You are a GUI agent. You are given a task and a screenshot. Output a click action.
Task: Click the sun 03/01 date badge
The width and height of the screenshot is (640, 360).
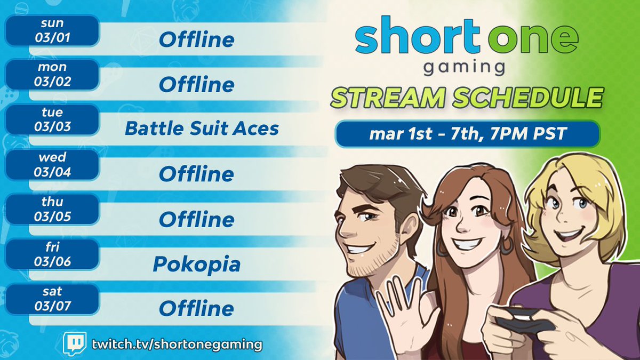click(52, 30)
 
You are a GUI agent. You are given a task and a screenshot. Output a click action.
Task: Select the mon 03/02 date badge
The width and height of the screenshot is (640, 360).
click(52, 75)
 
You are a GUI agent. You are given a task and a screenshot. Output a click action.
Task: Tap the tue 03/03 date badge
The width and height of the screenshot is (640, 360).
click(52, 119)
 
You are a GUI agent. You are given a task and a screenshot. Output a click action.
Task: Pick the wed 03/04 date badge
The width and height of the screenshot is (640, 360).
click(52, 165)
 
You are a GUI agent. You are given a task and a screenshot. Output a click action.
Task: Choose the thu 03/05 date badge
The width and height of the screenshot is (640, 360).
click(52, 210)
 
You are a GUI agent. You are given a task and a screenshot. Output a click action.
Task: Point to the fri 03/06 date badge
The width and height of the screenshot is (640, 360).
click(52, 254)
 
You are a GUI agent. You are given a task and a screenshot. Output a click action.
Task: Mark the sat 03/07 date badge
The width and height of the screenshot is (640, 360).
click(52, 299)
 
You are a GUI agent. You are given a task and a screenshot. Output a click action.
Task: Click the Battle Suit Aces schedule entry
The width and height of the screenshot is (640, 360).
click(202, 129)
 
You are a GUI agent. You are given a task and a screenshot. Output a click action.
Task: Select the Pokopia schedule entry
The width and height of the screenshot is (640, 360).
click(196, 263)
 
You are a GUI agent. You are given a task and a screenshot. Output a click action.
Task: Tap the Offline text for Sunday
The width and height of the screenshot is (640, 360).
click(196, 39)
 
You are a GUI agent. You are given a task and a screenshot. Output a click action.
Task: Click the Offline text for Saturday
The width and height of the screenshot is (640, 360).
click(196, 308)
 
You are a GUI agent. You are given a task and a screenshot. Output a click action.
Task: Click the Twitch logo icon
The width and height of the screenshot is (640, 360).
click(74, 344)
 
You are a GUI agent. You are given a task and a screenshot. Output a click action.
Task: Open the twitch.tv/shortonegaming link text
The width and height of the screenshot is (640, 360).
click(176, 344)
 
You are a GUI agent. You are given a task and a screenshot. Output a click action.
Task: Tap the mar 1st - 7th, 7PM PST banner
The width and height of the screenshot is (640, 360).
click(467, 134)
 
